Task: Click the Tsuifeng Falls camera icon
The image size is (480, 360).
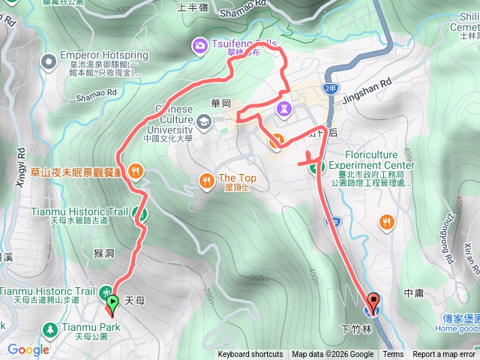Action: pos(199,45)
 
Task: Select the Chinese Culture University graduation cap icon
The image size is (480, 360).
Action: pos(204,121)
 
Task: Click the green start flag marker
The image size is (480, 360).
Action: pos(112,303)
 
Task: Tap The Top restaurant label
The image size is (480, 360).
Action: pos(237,178)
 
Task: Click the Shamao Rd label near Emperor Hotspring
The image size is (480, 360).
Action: pos(97,92)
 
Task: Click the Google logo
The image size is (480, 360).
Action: pos(28,349)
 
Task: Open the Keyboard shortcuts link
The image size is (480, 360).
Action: pos(250,355)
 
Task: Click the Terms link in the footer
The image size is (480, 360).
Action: pos(393,355)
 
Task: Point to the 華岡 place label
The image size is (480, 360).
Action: pos(220,103)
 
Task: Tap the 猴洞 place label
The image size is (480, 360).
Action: pos(105,253)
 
